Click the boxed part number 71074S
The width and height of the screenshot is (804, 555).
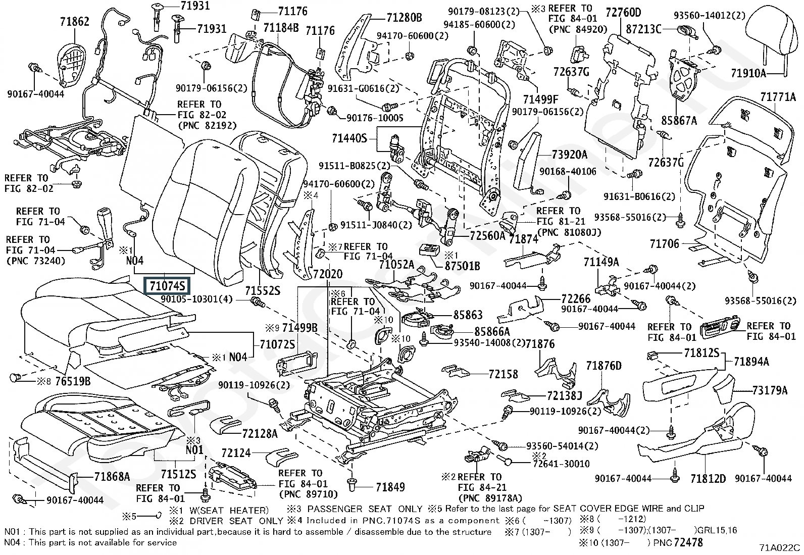(x=167, y=286)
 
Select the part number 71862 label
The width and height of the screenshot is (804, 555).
(x=75, y=22)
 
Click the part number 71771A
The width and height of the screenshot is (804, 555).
(x=778, y=97)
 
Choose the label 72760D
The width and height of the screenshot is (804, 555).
(x=623, y=13)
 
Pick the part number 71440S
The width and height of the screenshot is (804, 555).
(x=349, y=138)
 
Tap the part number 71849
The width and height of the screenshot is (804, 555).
(x=390, y=487)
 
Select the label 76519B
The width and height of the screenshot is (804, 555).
(x=73, y=381)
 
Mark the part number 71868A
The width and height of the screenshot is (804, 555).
(x=112, y=477)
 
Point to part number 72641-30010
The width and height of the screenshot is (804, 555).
(x=562, y=464)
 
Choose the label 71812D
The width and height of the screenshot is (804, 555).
(x=708, y=479)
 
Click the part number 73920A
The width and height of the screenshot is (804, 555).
(x=570, y=155)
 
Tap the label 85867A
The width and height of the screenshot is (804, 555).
(x=679, y=121)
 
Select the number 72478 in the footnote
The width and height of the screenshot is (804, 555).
(x=688, y=542)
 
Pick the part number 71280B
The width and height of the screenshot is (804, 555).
(x=404, y=18)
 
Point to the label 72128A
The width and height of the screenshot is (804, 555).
(x=260, y=434)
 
